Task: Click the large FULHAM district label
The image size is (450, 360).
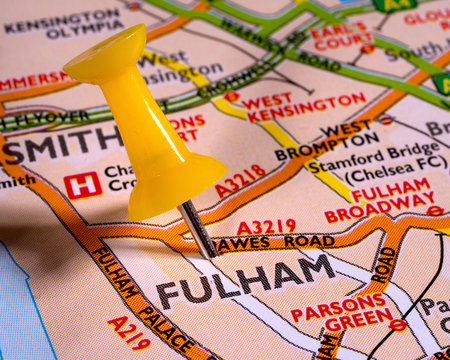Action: coord(246,280)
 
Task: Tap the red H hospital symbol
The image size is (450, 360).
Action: coord(82,184)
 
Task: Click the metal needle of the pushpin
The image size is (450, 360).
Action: coord(198,228)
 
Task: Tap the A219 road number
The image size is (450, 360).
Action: coord(129,333)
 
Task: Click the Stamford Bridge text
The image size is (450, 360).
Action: coord(364,151)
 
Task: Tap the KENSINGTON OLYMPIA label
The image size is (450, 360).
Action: coord(64,24)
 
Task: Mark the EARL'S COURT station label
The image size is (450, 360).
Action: coord(341,36)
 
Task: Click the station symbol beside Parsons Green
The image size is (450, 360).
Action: coord(397,325)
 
